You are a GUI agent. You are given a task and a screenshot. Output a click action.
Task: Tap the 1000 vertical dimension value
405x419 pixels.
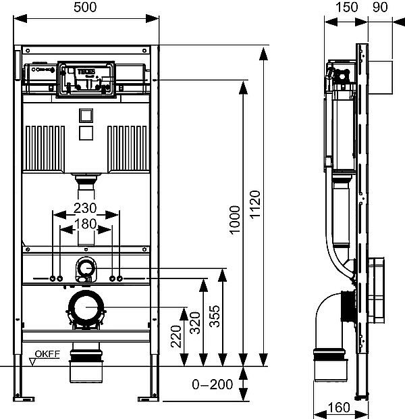(234, 220)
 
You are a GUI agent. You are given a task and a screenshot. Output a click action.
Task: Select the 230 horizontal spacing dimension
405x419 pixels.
(86, 207)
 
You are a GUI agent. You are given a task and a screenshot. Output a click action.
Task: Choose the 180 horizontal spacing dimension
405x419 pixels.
(86, 222)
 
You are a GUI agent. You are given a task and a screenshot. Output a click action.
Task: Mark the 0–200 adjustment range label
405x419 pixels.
(212, 385)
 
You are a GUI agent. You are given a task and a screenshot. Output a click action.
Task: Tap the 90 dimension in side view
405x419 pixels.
(380, 7)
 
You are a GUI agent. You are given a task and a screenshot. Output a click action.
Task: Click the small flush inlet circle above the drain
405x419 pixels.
(86, 268)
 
